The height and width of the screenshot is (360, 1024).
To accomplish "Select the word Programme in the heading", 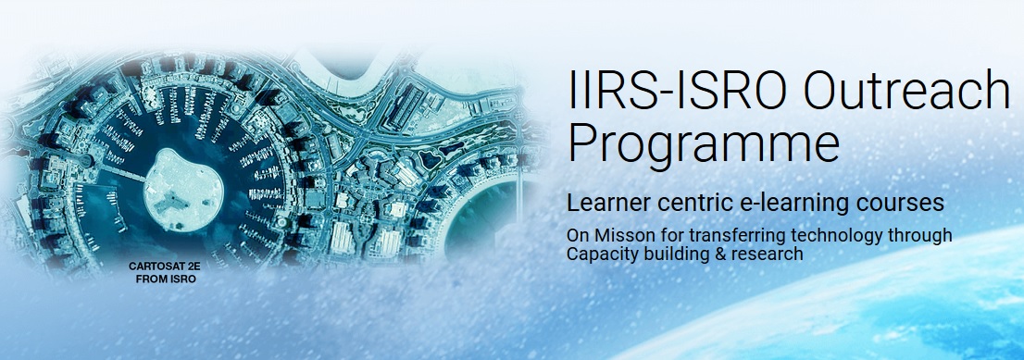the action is (x=704, y=144).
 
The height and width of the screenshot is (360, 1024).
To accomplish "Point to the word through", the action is (x=918, y=236).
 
